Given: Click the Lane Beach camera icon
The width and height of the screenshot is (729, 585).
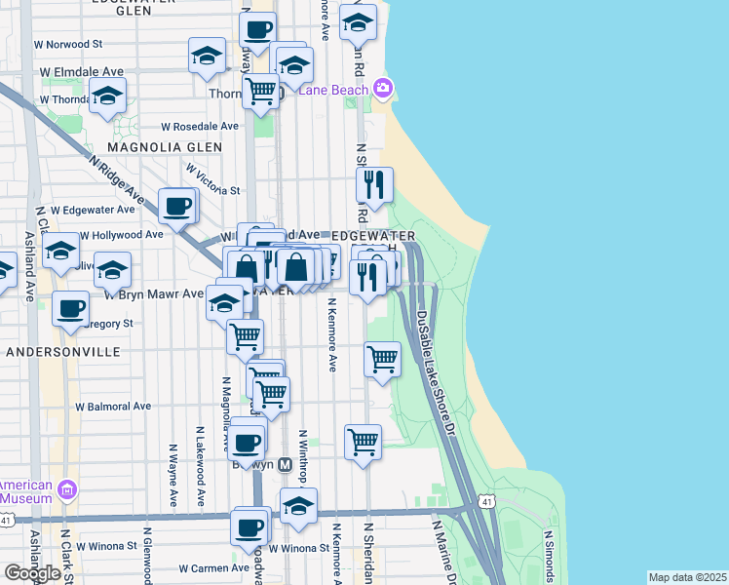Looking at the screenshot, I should coord(383,90).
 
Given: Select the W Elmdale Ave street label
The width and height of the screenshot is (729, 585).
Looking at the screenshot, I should coord(82,72).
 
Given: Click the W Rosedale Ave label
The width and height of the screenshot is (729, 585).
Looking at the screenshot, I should coord(200,127).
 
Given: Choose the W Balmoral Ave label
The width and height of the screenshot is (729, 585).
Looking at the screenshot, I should coord(114,406).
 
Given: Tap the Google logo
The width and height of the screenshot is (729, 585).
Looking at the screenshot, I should coord(32,573).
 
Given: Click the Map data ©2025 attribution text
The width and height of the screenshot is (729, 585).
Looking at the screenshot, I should coord(687,577).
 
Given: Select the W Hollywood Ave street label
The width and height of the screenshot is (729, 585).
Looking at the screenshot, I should coord(121,235).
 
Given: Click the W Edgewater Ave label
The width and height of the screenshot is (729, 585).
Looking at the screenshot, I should coord(93,210).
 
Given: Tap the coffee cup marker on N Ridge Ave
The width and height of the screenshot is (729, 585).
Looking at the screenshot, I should coord(177,207).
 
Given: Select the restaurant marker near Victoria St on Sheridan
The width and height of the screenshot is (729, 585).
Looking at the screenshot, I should coord(376,185).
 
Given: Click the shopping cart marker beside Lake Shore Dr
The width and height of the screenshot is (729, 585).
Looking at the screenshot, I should coord(382,360).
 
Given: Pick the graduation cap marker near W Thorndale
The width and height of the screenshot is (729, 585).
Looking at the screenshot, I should coord(107,97).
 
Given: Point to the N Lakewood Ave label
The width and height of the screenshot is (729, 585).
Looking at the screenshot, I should coord(200,466).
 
